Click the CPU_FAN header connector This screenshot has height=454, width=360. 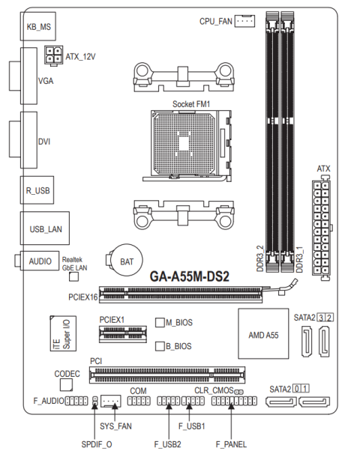click(244, 21)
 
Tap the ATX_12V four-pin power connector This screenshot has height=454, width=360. click(53, 55)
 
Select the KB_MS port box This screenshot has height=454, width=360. click(38, 26)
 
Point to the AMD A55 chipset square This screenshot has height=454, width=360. click(263, 333)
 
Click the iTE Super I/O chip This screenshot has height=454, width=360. click(63, 333)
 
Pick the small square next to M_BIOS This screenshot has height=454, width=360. click(160, 322)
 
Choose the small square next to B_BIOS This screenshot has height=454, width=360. click(160, 346)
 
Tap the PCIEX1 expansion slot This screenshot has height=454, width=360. click(123, 334)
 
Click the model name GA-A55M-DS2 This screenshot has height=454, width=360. click(189, 276)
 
